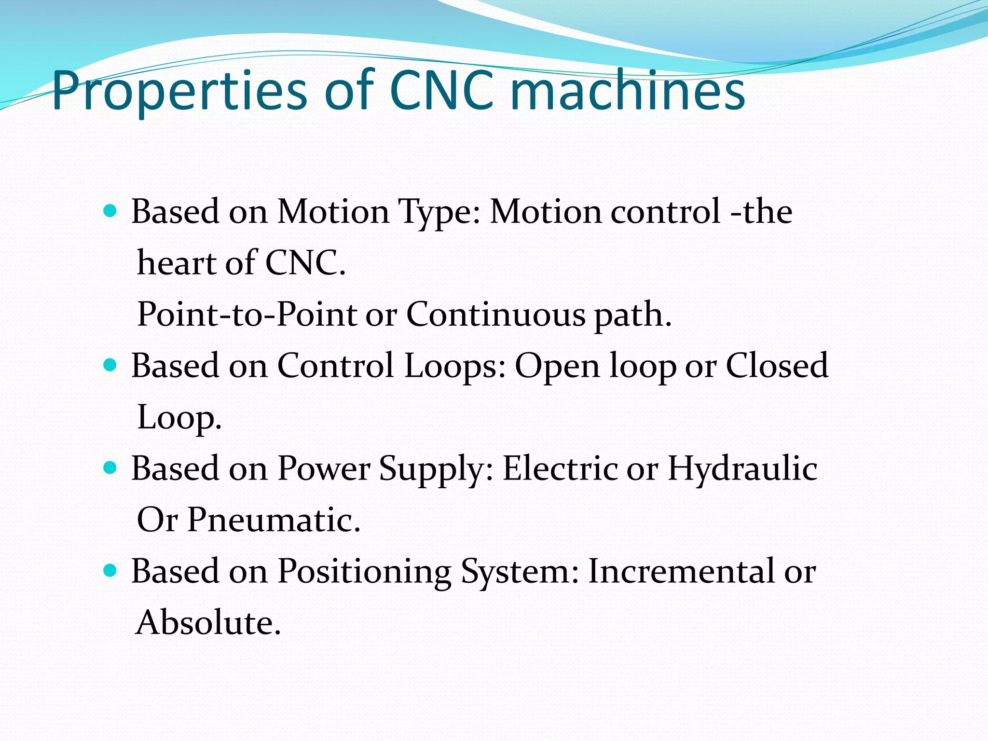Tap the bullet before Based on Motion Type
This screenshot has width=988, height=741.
[x=110, y=211]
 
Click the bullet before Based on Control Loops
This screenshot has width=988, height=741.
[x=110, y=365]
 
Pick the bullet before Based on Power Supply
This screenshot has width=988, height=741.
[x=110, y=468]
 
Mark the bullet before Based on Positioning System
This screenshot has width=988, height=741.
[x=110, y=571]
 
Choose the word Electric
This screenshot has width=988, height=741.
[x=560, y=468]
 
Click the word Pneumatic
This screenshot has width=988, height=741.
[x=274, y=520]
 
